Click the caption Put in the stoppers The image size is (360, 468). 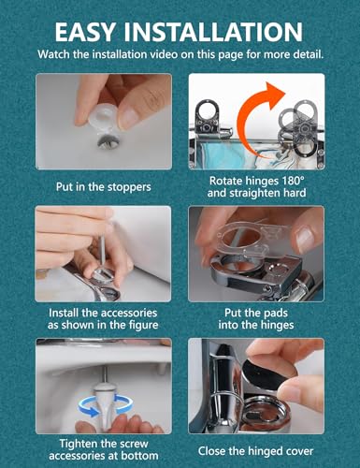tap(103, 187)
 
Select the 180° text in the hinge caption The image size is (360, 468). tap(293, 181)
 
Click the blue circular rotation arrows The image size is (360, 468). tap(106, 405)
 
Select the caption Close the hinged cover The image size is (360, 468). tap(255, 451)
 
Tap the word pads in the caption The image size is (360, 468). tap(276, 313)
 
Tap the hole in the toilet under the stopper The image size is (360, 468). tap(108, 142)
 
